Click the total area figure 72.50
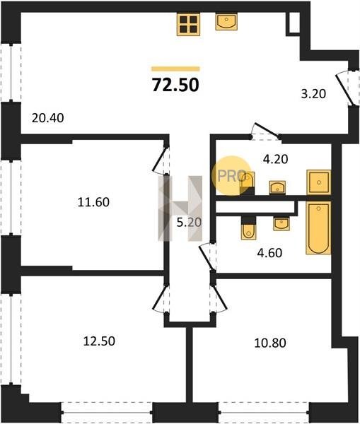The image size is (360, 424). click(x=175, y=85)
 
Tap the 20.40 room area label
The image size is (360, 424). click(x=47, y=118)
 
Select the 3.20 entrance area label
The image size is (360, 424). click(x=313, y=94)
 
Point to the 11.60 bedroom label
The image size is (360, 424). click(x=93, y=202)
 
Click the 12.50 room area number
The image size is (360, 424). click(x=99, y=341)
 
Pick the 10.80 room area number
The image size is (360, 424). click(x=270, y=343)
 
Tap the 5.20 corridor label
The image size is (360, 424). click(x=190, y=223)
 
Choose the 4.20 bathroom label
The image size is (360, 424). click(x=276, y=159)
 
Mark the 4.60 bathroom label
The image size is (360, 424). click(x=269, y=253)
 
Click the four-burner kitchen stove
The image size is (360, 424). click(x=188, y=24)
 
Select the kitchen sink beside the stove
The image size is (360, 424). click(x=226, y=22)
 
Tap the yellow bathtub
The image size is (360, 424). click(x=318, y=228)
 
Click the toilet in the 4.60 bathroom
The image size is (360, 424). click(x=248, y=228)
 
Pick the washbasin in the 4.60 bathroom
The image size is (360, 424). click(x=281, y=224)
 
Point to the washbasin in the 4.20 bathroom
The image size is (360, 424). click(x=277, y=188)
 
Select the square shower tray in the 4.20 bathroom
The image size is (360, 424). click(x=318, y=182)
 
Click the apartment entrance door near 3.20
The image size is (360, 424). click(x=344, y=89)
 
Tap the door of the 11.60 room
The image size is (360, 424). click(x=161, y=160)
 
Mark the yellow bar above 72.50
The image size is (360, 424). click(x=175, y=69)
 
